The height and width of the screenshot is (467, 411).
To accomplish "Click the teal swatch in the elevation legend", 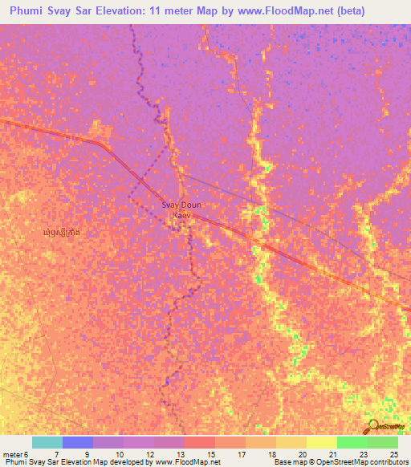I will [47, 442].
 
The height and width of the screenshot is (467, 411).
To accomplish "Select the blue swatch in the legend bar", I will [77, 442].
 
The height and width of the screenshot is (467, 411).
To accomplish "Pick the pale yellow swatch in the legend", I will [321, 442].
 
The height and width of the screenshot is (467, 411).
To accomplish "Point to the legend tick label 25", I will [394, 455].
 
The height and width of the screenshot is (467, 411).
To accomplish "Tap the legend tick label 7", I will [55, 455].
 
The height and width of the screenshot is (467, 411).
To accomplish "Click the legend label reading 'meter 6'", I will [16, 455].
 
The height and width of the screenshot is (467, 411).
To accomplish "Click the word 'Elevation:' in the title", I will [142, 11].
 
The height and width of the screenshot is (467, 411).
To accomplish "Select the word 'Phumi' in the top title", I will [30, 11].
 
